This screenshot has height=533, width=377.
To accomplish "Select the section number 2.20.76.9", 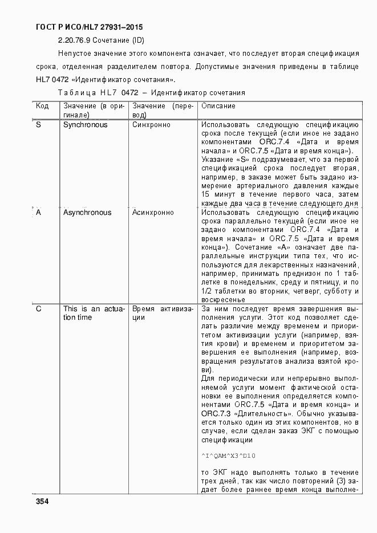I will pos(73,40).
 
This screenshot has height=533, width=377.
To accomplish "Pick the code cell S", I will pos(38,125).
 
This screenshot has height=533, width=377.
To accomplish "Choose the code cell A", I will pos(38,213).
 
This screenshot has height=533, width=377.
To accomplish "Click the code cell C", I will pos(38,309).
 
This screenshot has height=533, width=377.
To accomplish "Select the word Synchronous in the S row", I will pos(85,125).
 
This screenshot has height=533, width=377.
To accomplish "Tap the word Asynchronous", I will pos(87,213).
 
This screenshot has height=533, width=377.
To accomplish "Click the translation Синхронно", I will pos(151,125).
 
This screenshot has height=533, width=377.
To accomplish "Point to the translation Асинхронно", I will pos(153,213).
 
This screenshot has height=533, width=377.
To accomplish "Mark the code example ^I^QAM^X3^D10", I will pos(228,455).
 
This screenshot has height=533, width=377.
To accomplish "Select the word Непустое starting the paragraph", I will pos(74,54).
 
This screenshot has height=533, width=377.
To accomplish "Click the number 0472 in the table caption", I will pos(130,92).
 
